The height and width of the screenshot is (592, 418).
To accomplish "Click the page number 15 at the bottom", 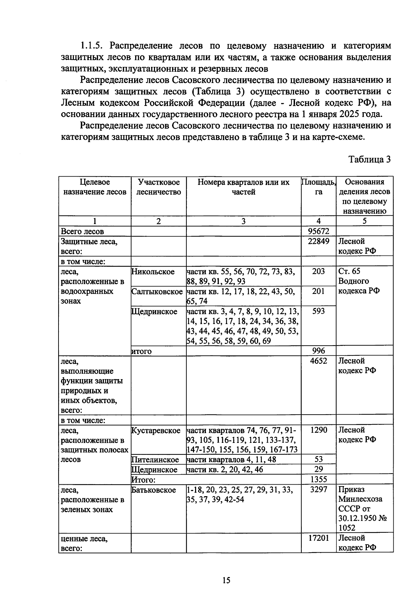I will pos(226,580).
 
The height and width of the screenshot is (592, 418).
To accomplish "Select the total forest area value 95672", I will pos(318,231).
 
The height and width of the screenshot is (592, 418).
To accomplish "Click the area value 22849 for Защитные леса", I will pos(318,241).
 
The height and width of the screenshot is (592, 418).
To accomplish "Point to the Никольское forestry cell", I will pos(153,272).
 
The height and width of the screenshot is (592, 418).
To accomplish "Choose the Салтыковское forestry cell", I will pos(157,292).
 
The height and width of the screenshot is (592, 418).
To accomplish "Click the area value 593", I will pos(318,311).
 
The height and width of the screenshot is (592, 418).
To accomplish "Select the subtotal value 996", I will pos(318,351).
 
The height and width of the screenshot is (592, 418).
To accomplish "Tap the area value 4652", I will pos(318,361).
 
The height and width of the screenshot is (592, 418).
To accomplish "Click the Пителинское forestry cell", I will pos(155,460).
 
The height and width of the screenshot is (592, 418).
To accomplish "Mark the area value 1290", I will pos(318,430).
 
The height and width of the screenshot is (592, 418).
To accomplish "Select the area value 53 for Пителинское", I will pos(318,459).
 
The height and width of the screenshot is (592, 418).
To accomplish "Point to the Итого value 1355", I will pos(318,479).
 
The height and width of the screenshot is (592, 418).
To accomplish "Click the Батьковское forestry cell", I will pos(154,490).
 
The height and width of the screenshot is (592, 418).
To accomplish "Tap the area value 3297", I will pos(318,489).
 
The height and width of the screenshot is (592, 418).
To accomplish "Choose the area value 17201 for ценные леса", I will pos(318,538).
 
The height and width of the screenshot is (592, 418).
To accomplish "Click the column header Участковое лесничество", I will pos(159,187).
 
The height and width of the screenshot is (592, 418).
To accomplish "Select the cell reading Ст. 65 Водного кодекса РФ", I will pos(358,281).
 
